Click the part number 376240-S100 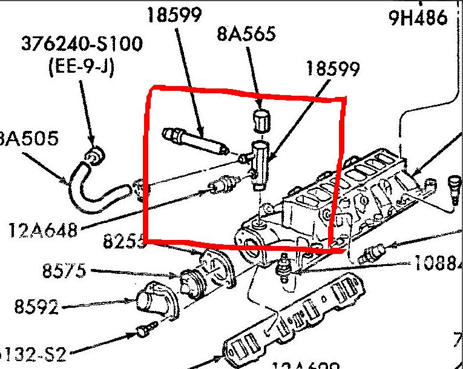(83, 44)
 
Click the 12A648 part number (44, 230)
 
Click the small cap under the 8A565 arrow (260, 121)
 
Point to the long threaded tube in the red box (194, 140)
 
